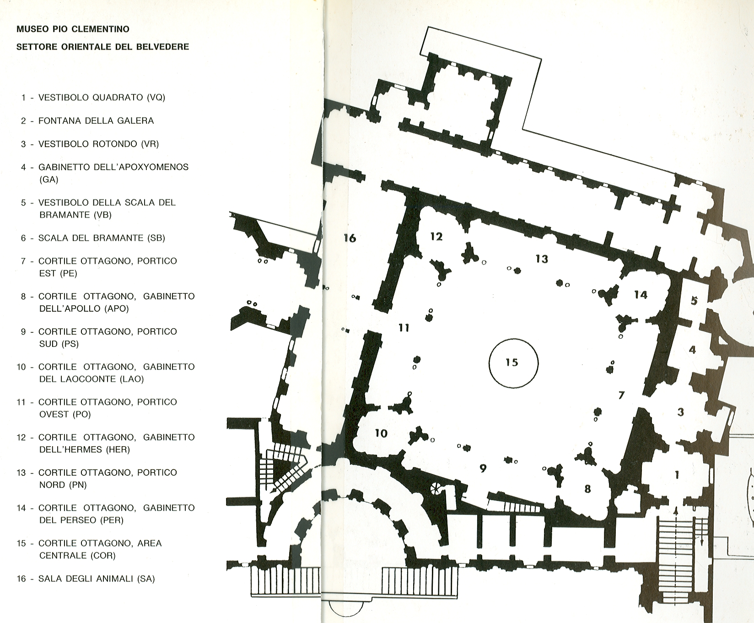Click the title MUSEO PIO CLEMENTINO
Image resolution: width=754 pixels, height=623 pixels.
[73, 29]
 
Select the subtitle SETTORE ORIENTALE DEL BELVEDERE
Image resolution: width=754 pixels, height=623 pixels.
[102, 47]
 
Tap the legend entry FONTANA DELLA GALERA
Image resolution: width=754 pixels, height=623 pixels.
[87, 121]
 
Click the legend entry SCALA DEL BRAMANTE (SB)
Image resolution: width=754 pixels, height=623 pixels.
[93, 238]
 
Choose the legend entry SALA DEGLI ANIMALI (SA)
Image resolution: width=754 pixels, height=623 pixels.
[86, 579]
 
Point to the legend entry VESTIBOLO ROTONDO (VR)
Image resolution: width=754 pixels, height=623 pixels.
[90, 144]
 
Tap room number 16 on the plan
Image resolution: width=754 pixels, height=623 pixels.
[350, 238]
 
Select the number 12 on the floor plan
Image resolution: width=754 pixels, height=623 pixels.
[436, 236]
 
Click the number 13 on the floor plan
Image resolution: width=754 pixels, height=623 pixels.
[542, 259]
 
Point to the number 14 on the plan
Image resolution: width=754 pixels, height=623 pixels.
[641, 295]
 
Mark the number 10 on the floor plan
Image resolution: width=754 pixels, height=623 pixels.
[381, 433]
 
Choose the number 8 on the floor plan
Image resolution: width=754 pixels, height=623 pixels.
[588, 489]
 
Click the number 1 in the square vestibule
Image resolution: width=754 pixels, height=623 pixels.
[677, 475]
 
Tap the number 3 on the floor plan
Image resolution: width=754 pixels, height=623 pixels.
[681, 412]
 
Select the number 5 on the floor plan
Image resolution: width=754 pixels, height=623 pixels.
[694, 301]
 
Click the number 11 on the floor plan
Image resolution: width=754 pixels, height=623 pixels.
[404, 328]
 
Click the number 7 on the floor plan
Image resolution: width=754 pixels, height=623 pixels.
[621, 395]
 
